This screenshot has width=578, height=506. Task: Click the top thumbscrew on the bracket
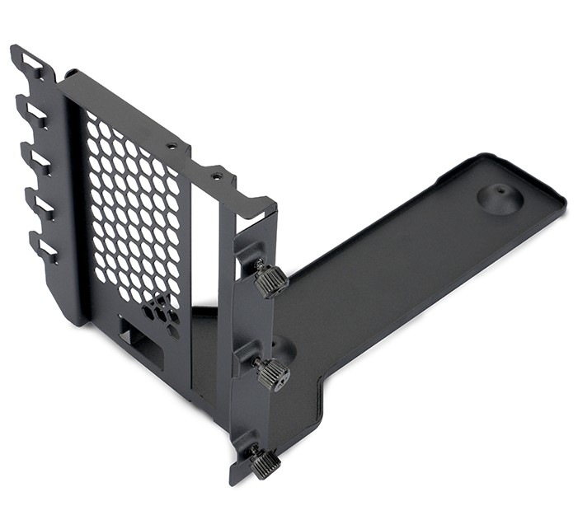270,281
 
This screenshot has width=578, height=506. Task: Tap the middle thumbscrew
273,375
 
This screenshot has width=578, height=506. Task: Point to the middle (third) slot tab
35,156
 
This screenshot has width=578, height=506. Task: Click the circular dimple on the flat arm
500,198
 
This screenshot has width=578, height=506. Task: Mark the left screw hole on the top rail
172,146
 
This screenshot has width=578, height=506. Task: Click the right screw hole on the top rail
216,175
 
